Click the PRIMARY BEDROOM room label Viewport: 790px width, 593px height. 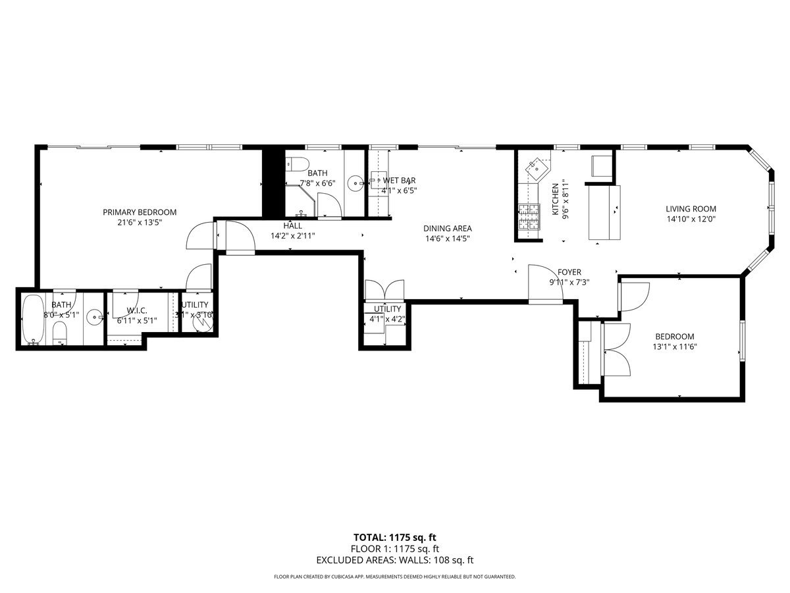pyautogui.click(x=140, y=212)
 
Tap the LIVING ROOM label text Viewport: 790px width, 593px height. pyautogui.click(x=690, y=209)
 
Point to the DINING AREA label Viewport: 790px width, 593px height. pyautogui.click(x=447, y=229)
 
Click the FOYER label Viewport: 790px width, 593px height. pyautogui.click(x=569, y=272)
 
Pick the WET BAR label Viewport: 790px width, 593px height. pyautogui.click(x=399, y=180)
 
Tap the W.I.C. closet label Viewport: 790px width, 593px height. pyautogui.click(x=136, y=310)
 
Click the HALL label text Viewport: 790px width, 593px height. pyautogui.click(x=293, y=225)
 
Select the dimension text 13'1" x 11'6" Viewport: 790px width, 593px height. pyautogui.click(x=674, y=347)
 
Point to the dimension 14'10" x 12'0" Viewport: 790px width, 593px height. pyautogui.click(x=690, y=219)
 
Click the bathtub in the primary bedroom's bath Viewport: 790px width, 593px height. pyautogui.click(x=32, y=320)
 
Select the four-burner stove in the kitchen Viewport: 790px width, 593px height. pyautogui.click(x=529, y=219)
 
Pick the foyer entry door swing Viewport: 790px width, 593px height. pyautogui.click(x=545, y=285)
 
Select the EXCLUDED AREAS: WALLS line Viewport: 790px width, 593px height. pyautogui.click(x=394, y=561)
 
